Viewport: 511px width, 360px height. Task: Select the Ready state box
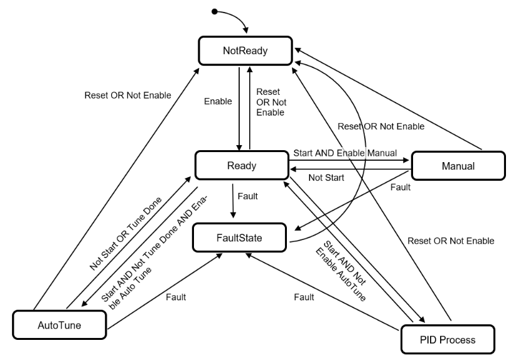240,166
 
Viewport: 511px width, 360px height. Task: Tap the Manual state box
458,166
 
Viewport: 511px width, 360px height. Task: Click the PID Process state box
448,340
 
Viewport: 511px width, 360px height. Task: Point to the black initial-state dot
214,11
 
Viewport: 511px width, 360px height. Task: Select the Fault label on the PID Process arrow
305,296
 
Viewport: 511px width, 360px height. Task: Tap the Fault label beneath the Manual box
400,187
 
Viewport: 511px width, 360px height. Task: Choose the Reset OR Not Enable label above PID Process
450,241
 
